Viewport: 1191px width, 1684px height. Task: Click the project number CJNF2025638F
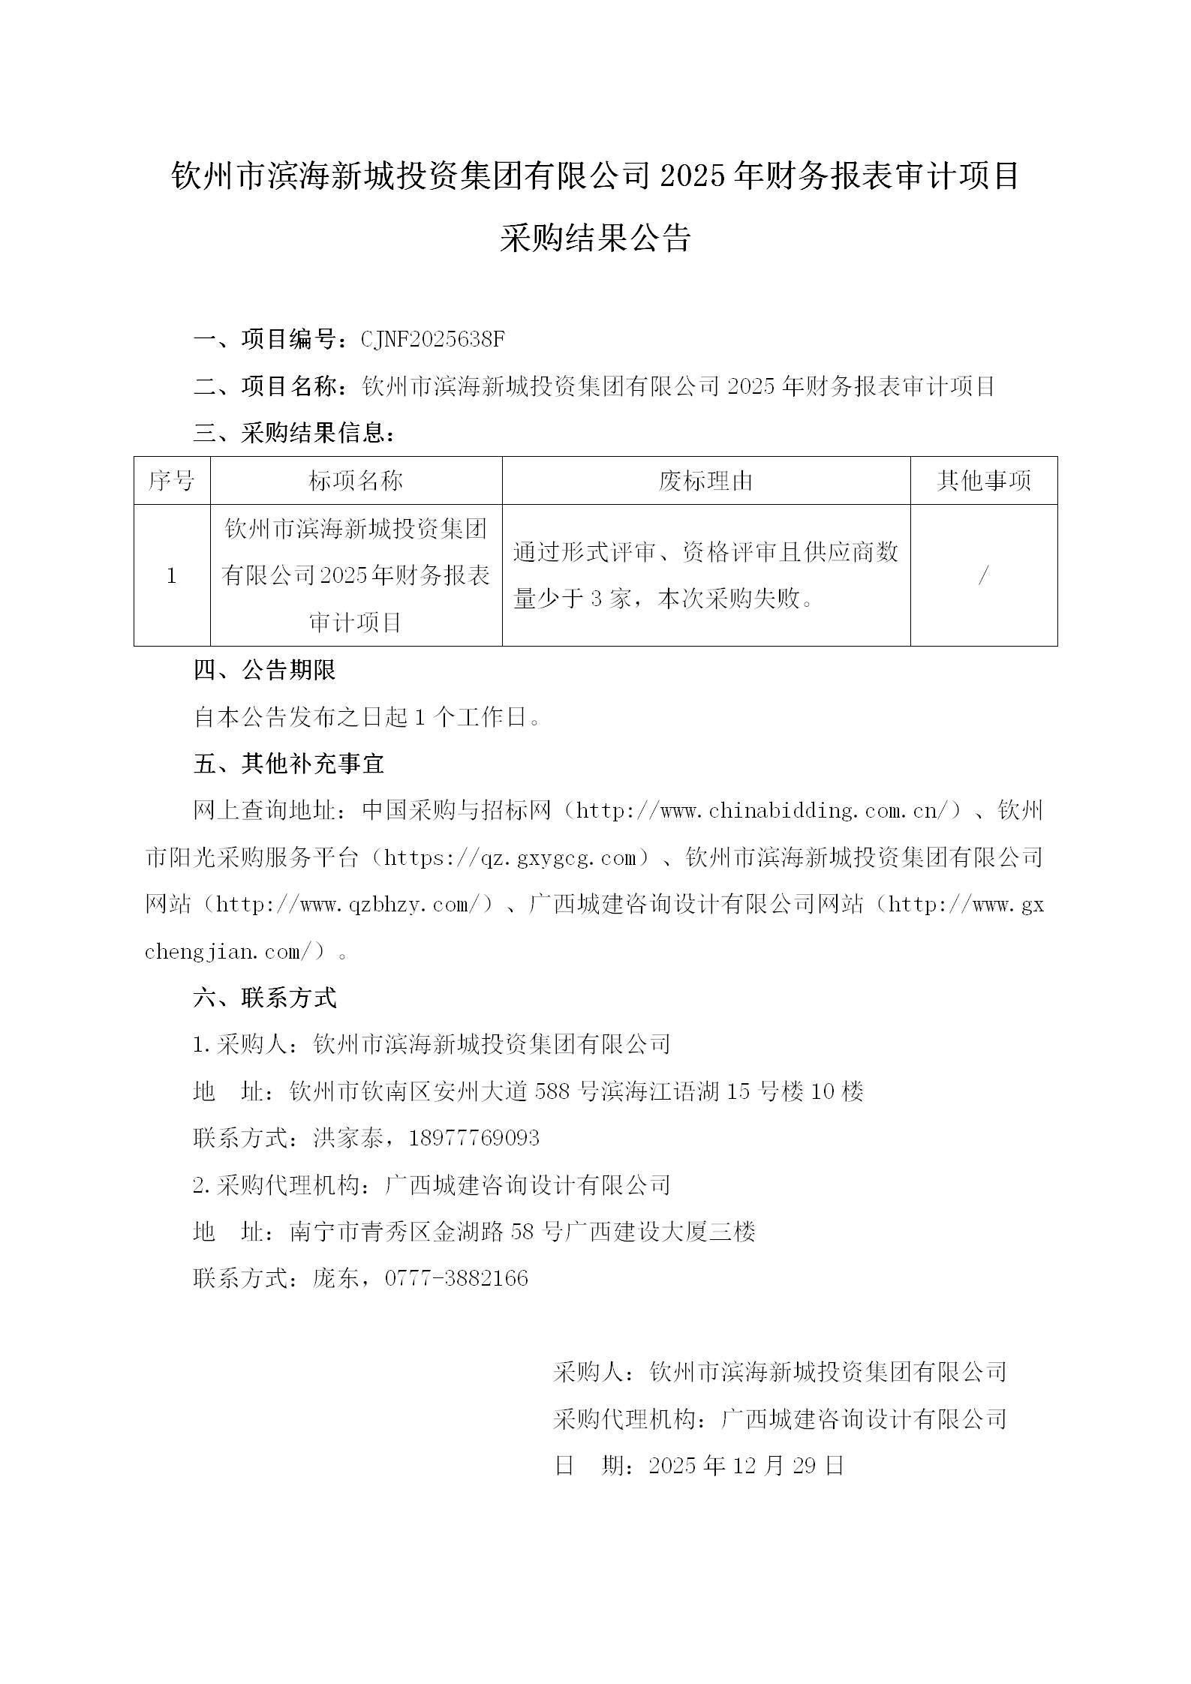pyautogui.click(x=433, y=340)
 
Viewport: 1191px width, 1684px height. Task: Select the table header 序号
pyautogui.click(x=172, y=481)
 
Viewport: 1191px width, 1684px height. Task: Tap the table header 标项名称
pyautogui.click(x=356, y=481)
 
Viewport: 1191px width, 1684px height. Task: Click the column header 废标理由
pyautogui.click(x=705, y=481)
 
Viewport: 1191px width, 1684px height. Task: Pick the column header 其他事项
pyautogui.click(x=983, y=481)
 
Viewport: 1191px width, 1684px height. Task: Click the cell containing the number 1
pyautogui.click(x=172, y=576)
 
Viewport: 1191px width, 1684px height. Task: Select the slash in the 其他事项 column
pyautogui.click(x=983, y=576)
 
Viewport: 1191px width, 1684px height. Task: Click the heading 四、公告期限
pyautogui.click(x=264, y=671)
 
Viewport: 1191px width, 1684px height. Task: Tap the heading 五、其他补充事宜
pyautogui.click(x=289, y=764)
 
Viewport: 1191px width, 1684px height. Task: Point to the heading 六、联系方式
pyautogui.click(x=264, y=998)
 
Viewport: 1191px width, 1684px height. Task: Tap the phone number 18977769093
pyautogui.click(x=474, y=1138)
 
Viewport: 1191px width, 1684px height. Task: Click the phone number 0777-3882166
pyautogui.click(x=456, y=1278)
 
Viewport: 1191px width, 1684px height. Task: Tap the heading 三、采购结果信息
pyautogui.click(x=293, y=434)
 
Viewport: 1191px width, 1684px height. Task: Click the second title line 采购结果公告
pyautogui.click(x=595, y=239)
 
